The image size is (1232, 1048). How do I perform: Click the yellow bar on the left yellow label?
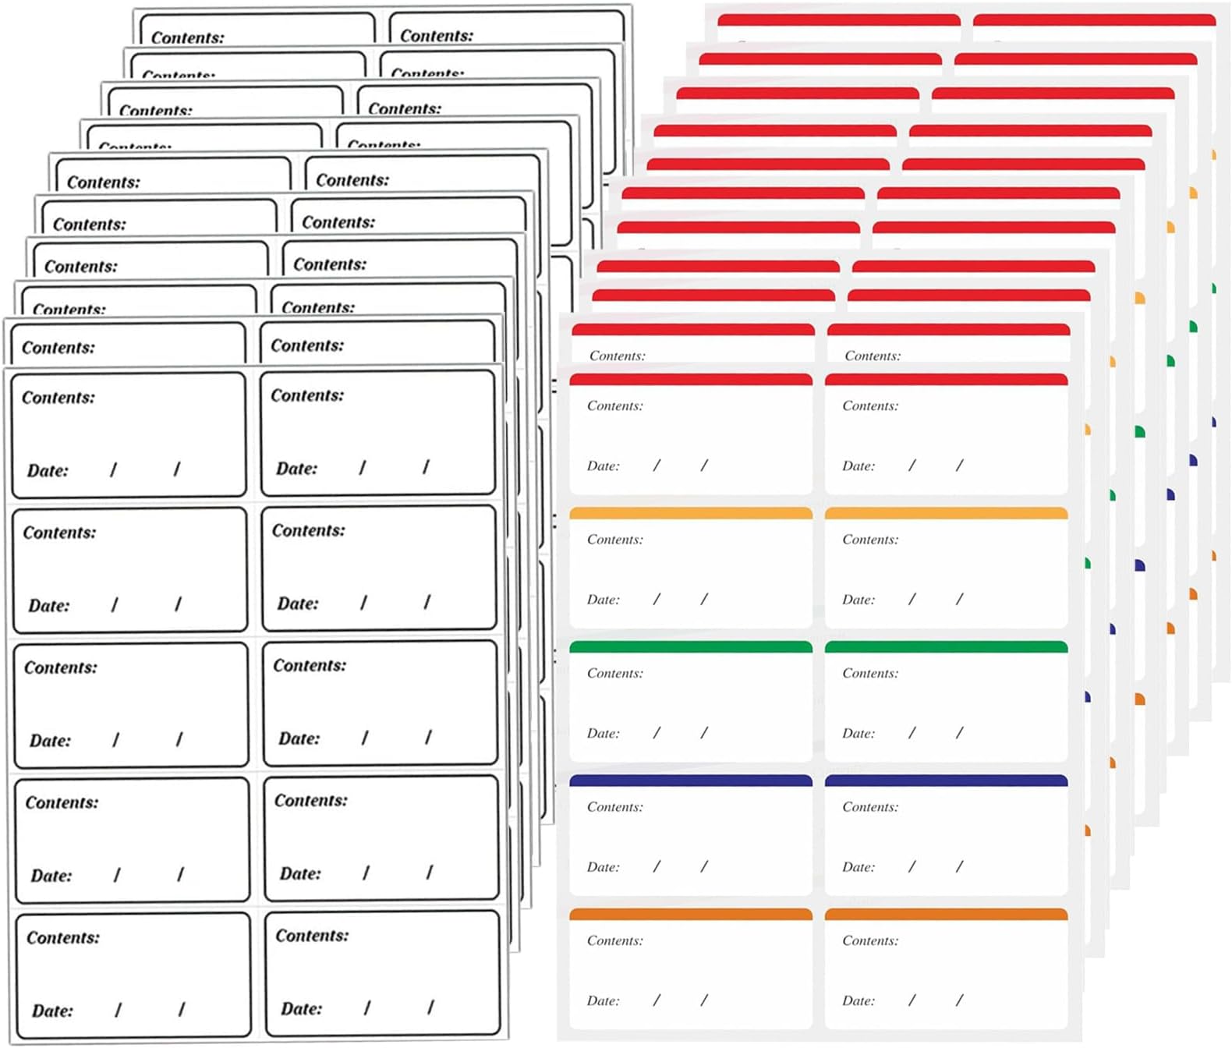coord(691,513)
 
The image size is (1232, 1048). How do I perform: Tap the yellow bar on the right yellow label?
coord(946,513)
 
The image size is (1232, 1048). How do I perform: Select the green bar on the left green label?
coord(691,646)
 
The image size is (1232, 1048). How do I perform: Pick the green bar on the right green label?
coord(946,646)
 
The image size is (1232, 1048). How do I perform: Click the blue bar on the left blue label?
coord(691,781)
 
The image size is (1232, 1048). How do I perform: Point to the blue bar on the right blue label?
coord(946,781)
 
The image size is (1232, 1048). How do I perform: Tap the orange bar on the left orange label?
coord(691,914)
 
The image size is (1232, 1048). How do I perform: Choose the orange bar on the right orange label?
coord(946,914)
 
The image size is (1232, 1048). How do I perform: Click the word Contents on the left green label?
coord(614,673)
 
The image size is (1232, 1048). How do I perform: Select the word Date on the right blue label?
coord(858,867)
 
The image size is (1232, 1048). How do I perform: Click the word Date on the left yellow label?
coord(603,600)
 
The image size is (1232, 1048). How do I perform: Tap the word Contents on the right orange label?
coord(869,940)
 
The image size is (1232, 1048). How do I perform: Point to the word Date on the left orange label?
coord(603,1000)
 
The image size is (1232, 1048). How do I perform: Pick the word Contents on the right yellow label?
coord(869,540)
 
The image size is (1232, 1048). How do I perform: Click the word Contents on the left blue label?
coord(614,807)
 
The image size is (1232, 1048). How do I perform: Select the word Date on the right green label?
coord(858,733)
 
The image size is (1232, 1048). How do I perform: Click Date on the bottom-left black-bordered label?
coord(51,1011)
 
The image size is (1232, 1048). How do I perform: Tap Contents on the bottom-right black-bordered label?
coord(312,936)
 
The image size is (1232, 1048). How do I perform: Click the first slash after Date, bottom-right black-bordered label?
coord(366,1007)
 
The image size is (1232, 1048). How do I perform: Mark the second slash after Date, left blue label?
coord(704,866)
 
